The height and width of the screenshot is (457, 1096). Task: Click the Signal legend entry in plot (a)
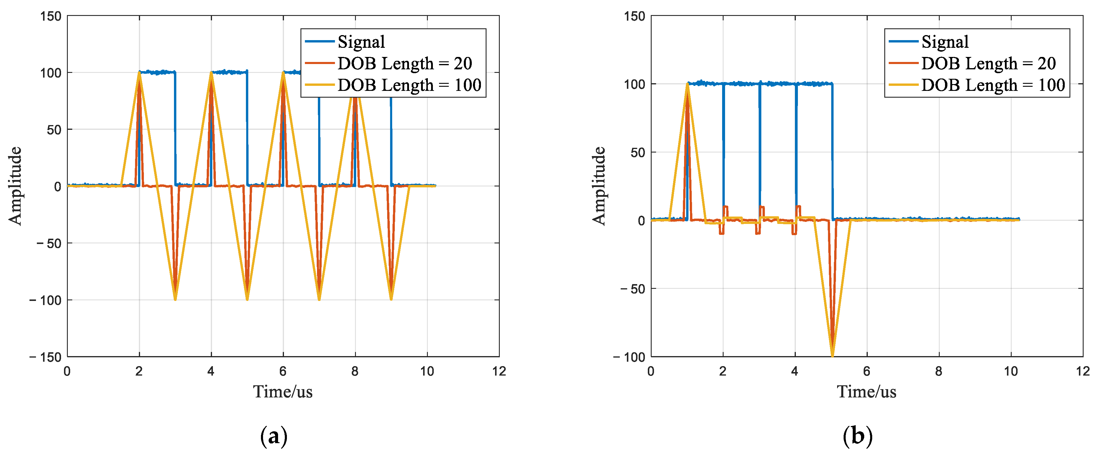361,42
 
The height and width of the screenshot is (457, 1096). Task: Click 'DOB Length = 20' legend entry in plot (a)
404,63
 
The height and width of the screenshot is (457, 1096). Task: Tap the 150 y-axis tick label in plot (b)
634,16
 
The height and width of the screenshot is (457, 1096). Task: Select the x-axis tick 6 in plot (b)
867,371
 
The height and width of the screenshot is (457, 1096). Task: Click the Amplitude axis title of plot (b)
599,186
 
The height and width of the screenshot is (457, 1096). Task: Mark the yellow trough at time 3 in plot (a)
175,299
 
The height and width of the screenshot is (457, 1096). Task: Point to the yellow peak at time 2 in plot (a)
139,73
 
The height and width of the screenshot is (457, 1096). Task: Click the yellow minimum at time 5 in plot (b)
832,355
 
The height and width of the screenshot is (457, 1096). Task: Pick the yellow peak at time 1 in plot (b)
687,84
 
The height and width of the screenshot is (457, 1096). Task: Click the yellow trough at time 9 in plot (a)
391,299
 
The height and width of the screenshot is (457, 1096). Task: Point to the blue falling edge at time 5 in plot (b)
832,153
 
